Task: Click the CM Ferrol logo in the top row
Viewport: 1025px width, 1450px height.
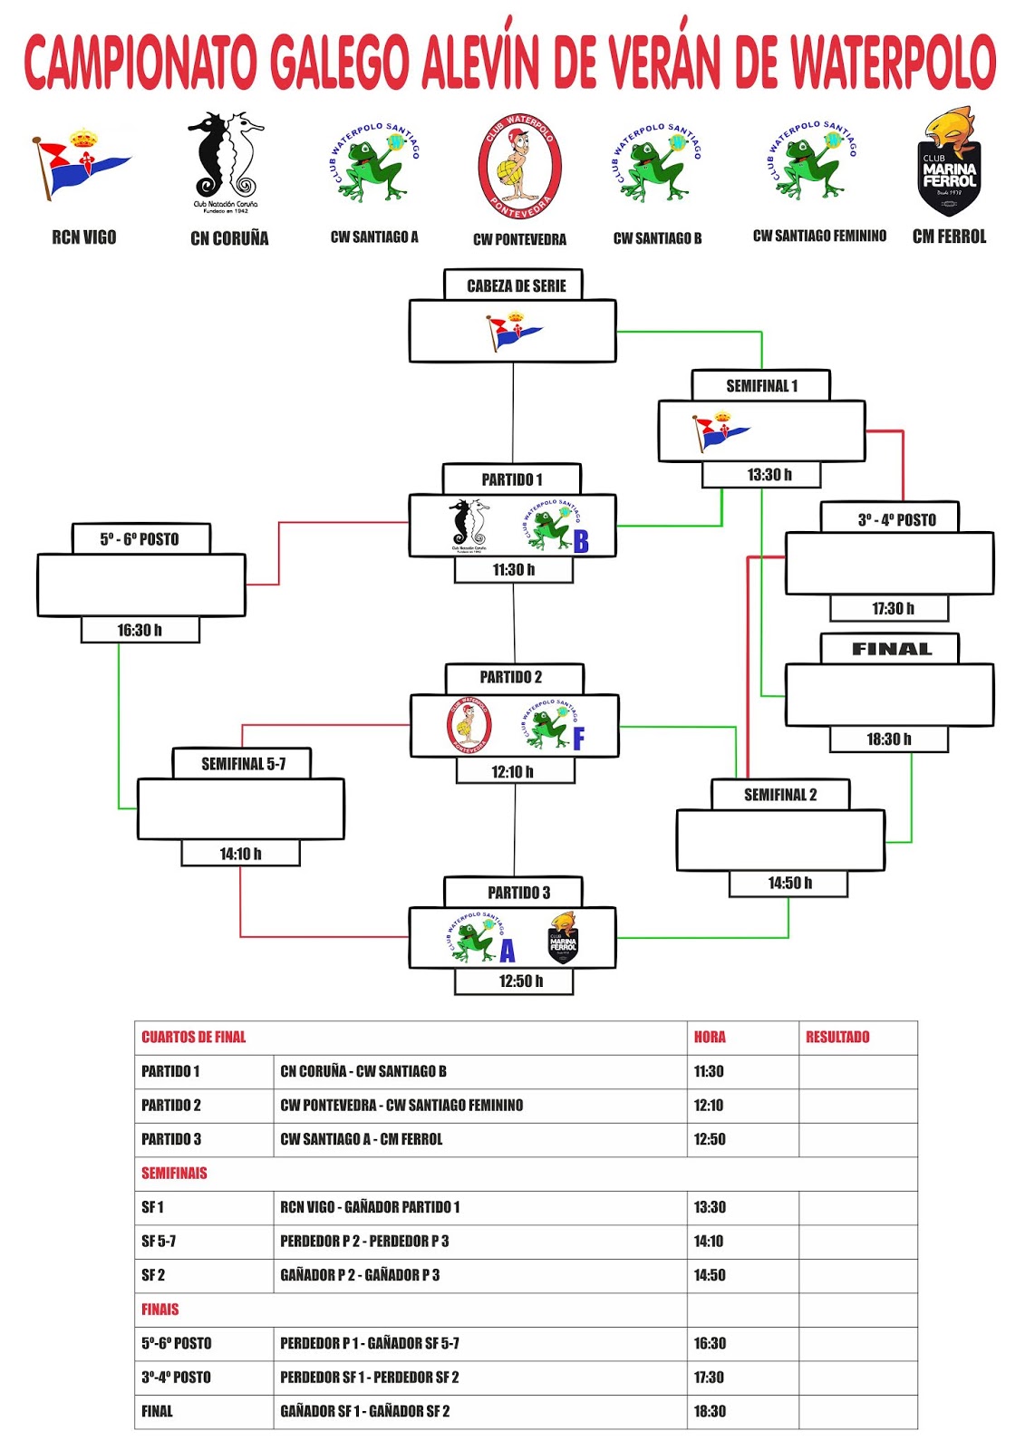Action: tap(949, 163)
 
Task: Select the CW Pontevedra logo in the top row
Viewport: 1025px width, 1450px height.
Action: tap(519, 167)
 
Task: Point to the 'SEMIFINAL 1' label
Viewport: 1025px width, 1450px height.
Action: tap(761, 385)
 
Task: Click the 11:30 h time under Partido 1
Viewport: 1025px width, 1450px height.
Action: tap(514, 570)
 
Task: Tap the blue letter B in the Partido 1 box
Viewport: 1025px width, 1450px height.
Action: tap(581, 541)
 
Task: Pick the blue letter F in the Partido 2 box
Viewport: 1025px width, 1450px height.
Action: tap(578, 739)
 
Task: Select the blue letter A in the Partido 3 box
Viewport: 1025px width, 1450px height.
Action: tap(507, 951)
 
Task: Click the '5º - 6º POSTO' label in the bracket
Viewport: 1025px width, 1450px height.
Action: tap(140, 539)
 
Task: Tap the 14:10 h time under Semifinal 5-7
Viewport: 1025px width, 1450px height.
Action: tap(240, 854)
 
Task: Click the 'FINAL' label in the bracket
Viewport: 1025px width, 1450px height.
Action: tap(891, 649)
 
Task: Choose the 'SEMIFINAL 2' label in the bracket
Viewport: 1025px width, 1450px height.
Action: tap(780, 795)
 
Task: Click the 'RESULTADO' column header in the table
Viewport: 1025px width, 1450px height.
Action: tap(837, 1037)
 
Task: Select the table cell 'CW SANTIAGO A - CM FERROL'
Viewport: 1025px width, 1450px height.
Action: tap(362, 1139)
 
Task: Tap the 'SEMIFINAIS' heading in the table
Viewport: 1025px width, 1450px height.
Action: tap(174, 1173)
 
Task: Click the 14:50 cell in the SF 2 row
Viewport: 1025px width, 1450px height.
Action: tap(710, 1275)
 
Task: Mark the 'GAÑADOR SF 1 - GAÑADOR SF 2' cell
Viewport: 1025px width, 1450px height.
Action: tap(365, 1411)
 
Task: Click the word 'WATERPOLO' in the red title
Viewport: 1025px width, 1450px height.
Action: tap(893, 62)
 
